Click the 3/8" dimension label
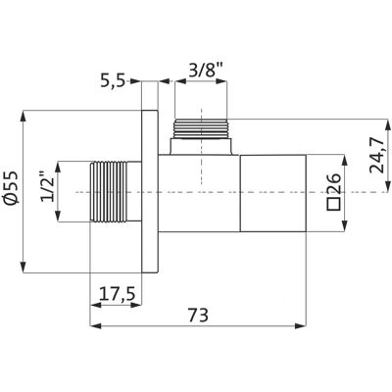(206, 71)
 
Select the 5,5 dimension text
(113, 81)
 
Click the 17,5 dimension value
(117, 294)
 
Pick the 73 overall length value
(198, 316)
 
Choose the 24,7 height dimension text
(377, 155)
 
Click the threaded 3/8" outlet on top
(201, 128)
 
